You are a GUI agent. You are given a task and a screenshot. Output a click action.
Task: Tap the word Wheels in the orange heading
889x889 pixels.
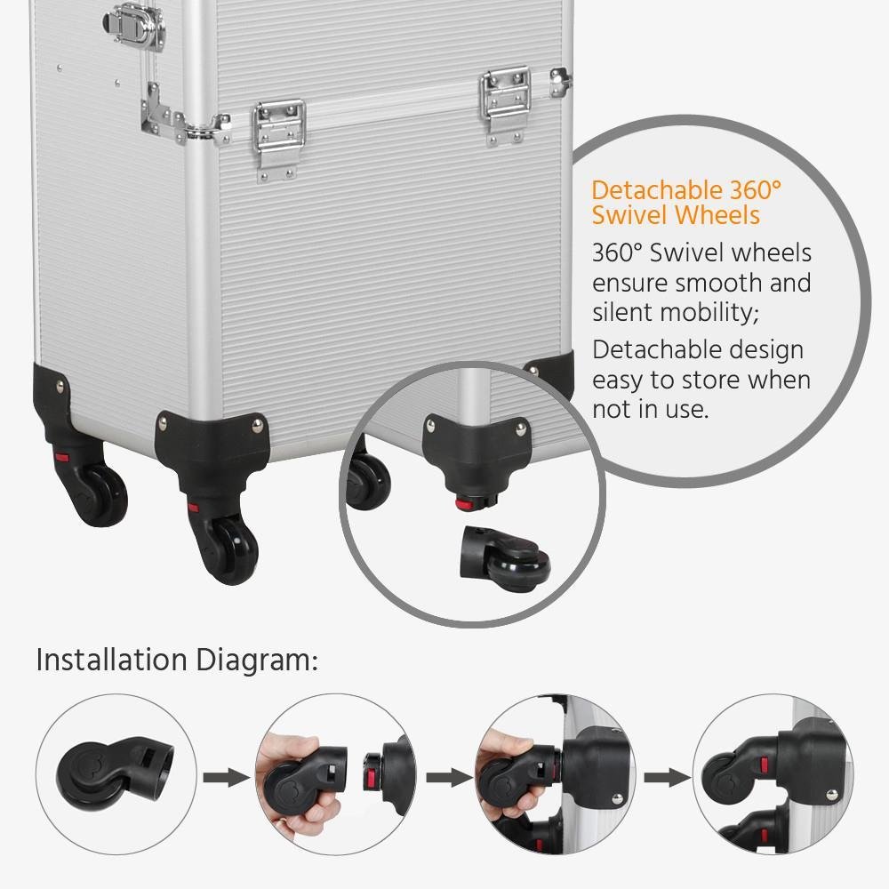click(717, 215)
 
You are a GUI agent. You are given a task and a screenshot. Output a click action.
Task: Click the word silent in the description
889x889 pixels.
click(622, 312)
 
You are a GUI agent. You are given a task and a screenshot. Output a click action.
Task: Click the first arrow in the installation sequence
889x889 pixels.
click(225, 778)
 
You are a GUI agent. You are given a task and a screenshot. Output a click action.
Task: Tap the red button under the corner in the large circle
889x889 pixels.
click(462, 504)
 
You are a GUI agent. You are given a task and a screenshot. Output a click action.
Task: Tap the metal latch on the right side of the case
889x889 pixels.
click(508, 102)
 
